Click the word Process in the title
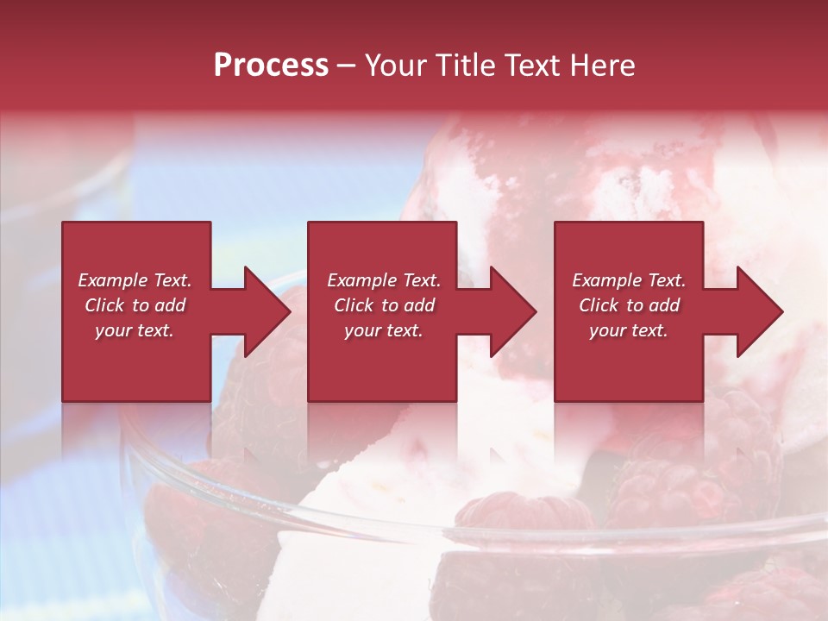[271, 66]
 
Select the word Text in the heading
[533, 66]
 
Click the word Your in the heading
[396, 66]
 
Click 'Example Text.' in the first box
[135, 280]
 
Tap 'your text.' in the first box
[135, 330]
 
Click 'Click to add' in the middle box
[384, 305]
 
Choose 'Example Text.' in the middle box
[384, 280]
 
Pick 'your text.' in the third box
[629, 330]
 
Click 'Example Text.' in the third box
[629, 280]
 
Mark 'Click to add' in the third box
[629, 305]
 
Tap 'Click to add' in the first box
[135, 305]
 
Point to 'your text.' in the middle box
[384, 330]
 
